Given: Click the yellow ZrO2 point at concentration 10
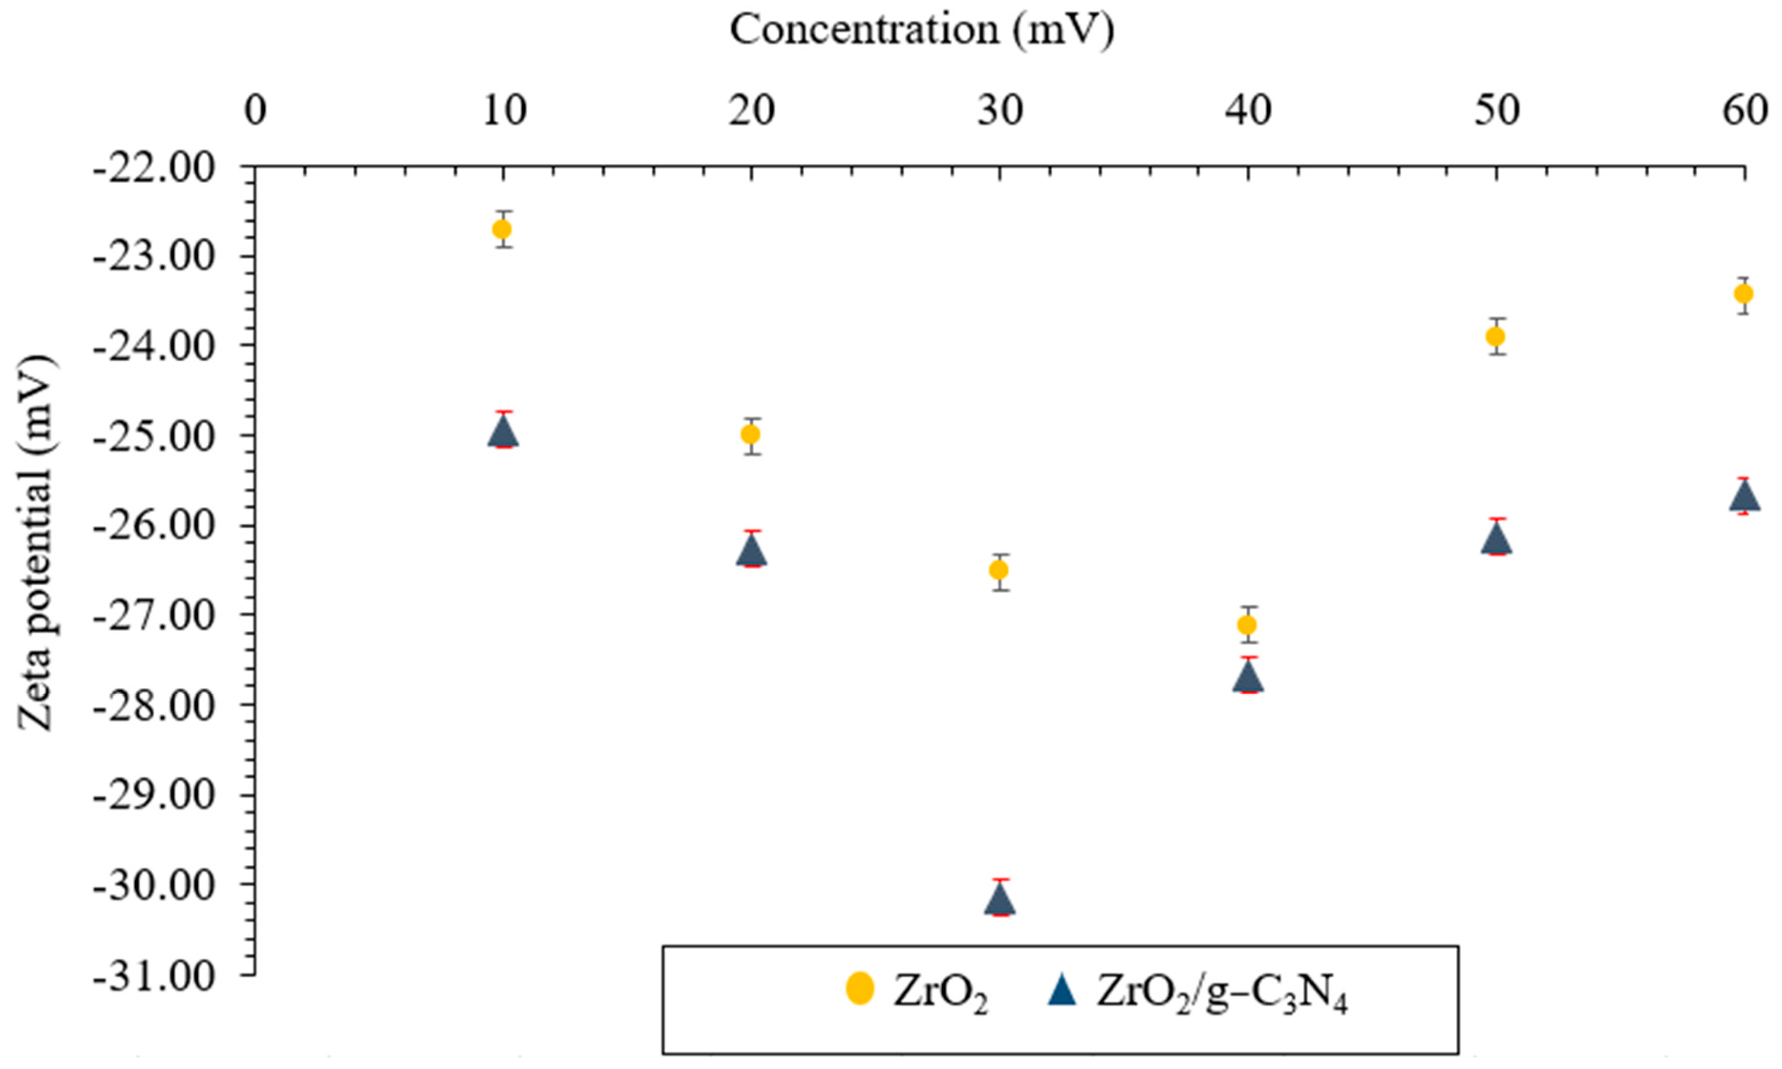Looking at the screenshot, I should click(x=502, y=229).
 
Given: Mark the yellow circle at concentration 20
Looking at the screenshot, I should click(x=751, y=434).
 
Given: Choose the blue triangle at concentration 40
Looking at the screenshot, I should click(x=1247, y=678).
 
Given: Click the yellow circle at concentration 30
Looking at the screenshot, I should click(x=999, y=570).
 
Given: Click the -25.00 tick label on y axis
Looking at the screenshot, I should click(x=154, y=436).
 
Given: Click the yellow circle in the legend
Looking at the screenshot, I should click(x=859, y=988).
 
